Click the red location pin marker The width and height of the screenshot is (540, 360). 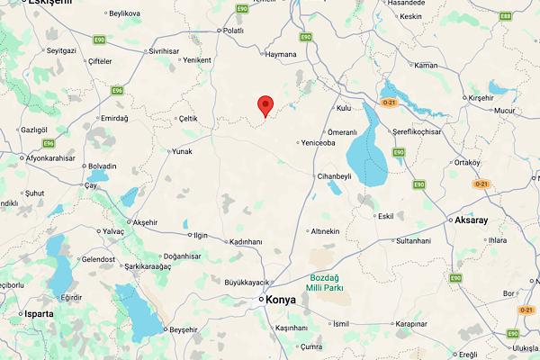coord(265,105)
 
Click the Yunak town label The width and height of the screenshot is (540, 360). coord(182,151)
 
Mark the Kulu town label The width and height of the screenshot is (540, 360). coord(343,108)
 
